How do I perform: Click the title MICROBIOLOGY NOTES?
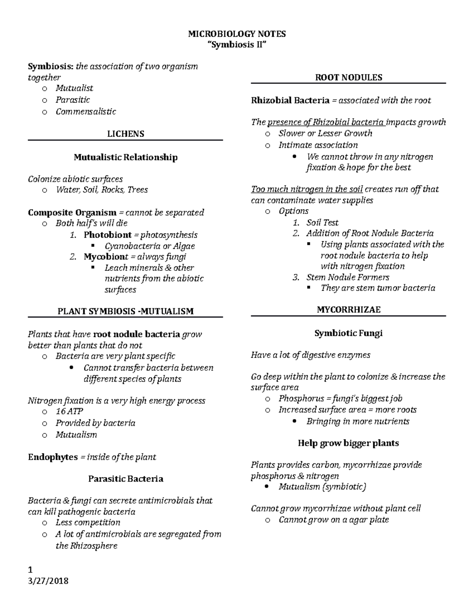(237, 34)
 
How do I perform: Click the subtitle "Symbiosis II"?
(237, 45)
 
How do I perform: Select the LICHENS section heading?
(126, 134)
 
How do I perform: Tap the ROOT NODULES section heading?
(348, 77)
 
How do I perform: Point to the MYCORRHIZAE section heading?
(348, 310)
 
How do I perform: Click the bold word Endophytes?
(53, 457)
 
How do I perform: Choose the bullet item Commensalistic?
(86, 111)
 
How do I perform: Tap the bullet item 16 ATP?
(69, 411)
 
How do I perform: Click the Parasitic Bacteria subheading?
(126, 479)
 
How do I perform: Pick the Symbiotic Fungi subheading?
(348, 333)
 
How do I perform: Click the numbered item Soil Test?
(322, 223)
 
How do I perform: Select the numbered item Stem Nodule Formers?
(348, 277)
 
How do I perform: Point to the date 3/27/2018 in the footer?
(48, 581)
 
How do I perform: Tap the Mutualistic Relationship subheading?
(126, 157)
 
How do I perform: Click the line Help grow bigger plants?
(348, 443)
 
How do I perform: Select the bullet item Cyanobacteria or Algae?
(150, 246)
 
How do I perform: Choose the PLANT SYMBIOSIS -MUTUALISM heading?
(126, 311)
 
